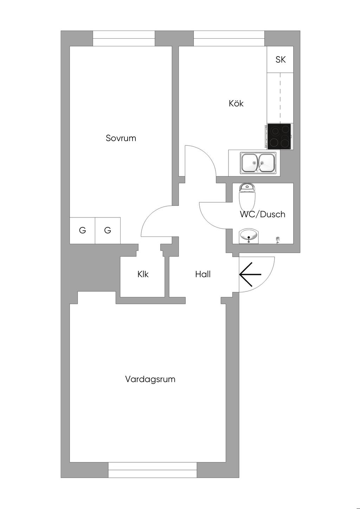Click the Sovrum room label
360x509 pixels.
[121, 138]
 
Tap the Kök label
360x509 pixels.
[236, 104]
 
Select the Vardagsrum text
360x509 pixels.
[150, 379]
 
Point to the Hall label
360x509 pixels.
[203, 274]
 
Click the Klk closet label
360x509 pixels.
[143, 274]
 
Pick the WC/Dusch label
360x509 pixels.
[263, 214]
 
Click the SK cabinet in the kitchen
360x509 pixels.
[280, 60]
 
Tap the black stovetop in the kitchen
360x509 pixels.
[279, 136]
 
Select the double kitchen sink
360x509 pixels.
[258, 163]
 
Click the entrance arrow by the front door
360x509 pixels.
[250, 274]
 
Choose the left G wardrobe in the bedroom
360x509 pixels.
[82, 230]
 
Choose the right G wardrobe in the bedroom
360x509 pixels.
[108, 230]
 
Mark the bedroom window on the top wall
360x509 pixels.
[124, 38]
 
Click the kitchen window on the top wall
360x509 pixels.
[229, 38]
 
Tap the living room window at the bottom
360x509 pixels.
[152, 470]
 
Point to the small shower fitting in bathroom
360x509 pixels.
[278, 240]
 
